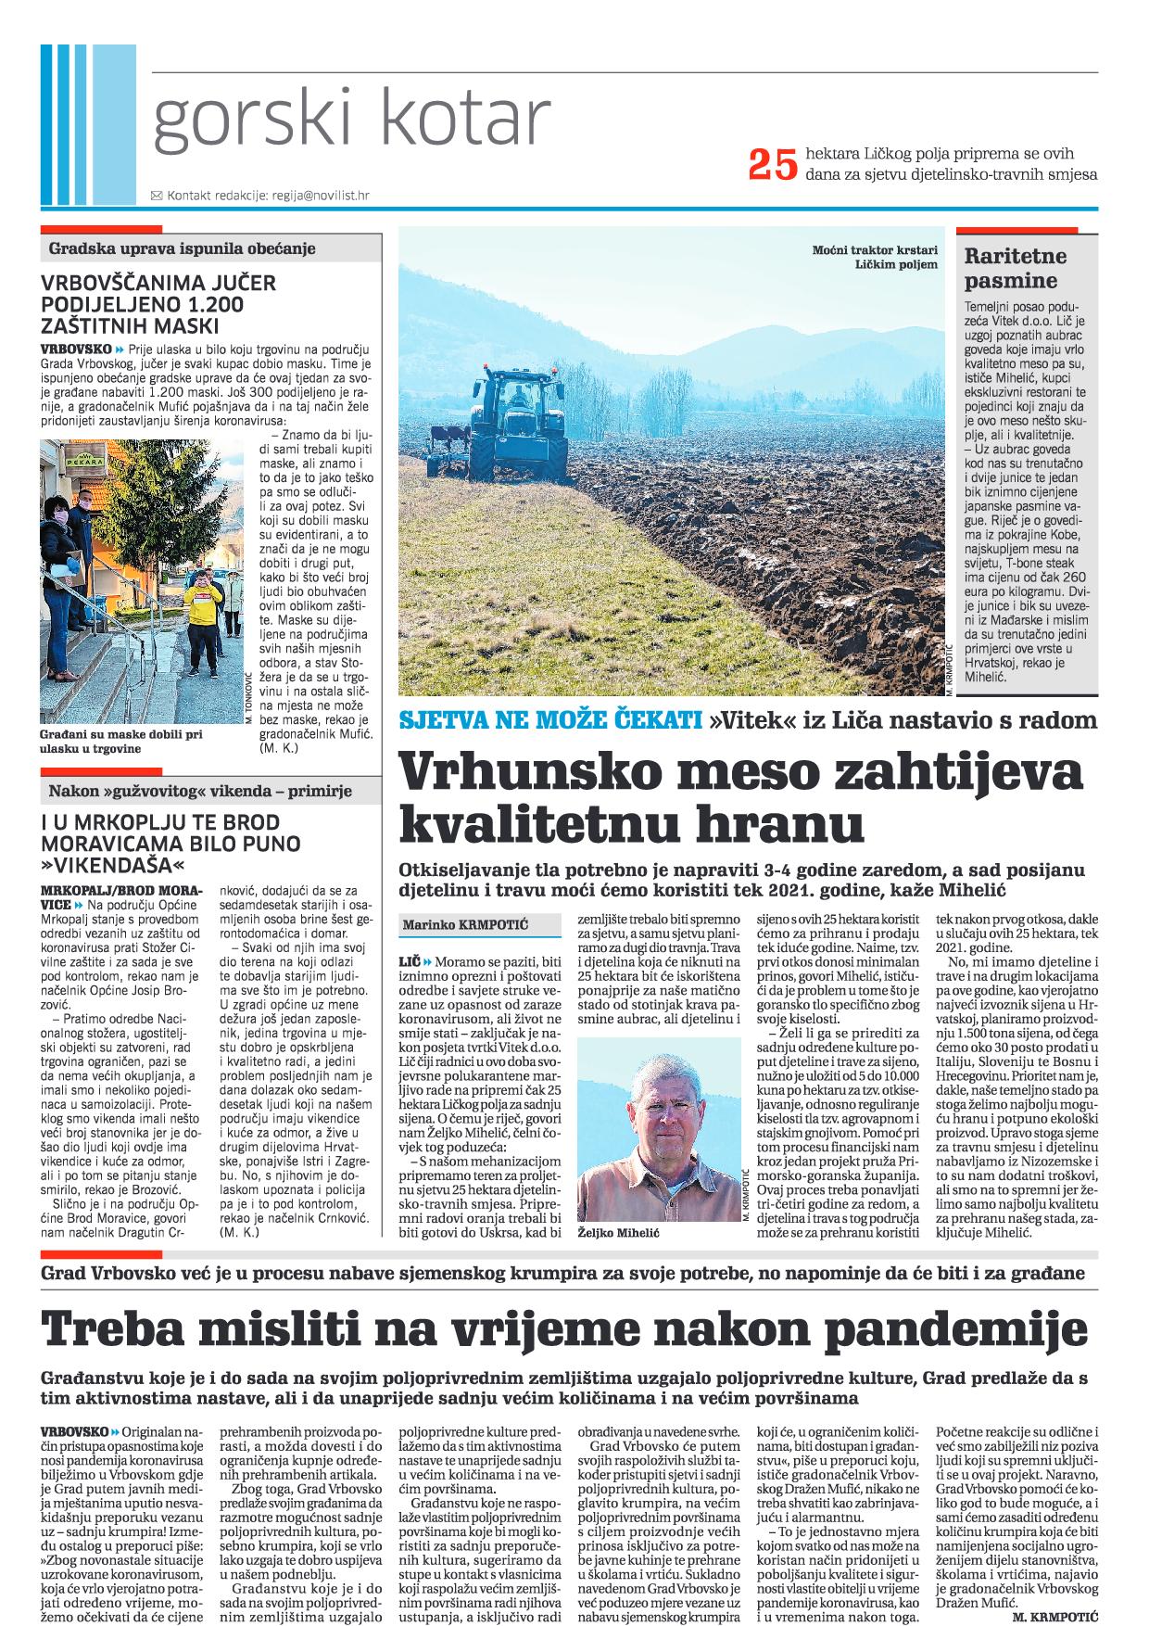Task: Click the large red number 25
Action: (773, 164)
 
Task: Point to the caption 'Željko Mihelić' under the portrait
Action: (612, 1235)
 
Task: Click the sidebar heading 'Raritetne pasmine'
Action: (1016, 268)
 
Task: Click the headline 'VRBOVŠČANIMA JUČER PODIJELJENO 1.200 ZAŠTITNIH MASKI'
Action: (158, 304)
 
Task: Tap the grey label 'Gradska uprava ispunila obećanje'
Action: (183, 248)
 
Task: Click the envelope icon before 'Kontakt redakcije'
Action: (156, 196)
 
